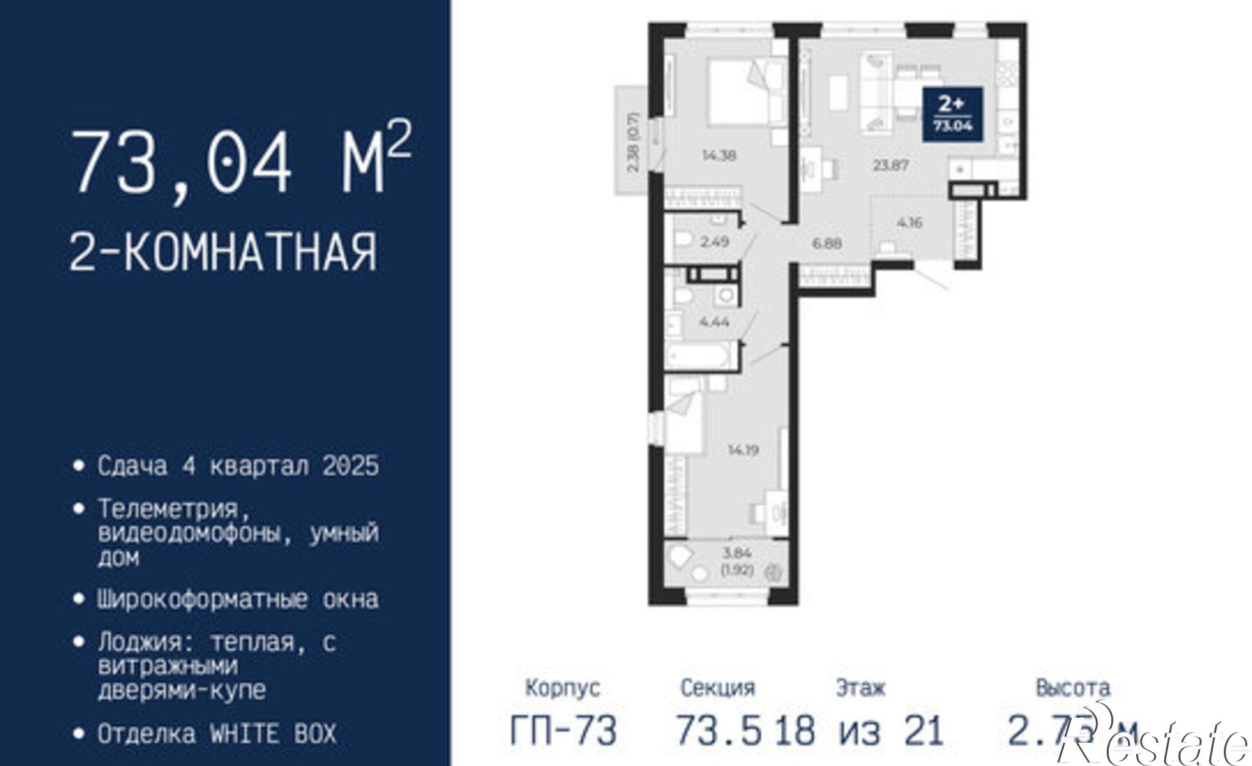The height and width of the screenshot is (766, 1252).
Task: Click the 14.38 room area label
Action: (x=719, y=156)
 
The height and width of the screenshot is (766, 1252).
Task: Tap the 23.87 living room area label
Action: (x=891, y=166)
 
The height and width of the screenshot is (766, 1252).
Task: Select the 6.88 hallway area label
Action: (x=827, y=243)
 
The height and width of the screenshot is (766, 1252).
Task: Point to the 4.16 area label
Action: (x=909, y=222)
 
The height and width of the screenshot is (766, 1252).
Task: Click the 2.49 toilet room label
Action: (x=714, y=241)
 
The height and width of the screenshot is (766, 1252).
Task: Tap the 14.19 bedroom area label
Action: (x=743, y=450)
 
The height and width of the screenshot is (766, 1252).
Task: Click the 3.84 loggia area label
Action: (x=737, y=553)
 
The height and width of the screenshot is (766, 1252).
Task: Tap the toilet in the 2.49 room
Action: (x=683, y=240)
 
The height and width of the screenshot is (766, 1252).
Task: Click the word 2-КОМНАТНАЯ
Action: (x=223, y=252)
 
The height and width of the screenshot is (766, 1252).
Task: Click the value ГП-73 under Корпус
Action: (x=564, y=730)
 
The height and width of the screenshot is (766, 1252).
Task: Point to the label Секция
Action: (x=717, y=688)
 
